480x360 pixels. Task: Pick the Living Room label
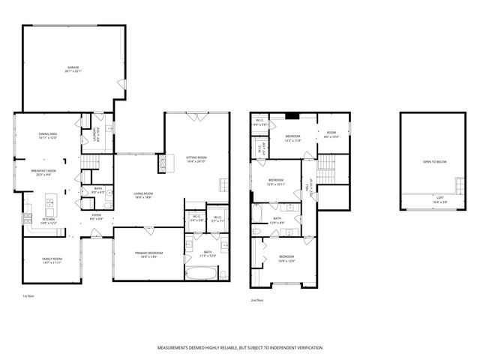click(x=143, y=195)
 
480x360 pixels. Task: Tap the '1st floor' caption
click(x=29, y=296)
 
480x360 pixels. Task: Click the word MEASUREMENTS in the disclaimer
click(x=178, y=348)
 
